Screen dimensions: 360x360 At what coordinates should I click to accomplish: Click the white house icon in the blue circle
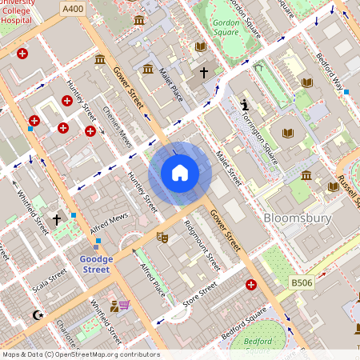179,173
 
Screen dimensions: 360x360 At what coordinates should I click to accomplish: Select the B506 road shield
302,282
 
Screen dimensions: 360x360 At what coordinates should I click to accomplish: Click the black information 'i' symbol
244,105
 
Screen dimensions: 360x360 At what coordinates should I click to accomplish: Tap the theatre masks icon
162,237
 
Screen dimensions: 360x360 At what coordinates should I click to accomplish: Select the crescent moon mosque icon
36,315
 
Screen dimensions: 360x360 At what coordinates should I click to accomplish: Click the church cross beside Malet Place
203,73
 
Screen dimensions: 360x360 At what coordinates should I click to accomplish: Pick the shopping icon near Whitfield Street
121,305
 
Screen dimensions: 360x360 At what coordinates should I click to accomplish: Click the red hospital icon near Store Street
252,285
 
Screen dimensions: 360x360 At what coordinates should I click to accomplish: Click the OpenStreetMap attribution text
81,354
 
